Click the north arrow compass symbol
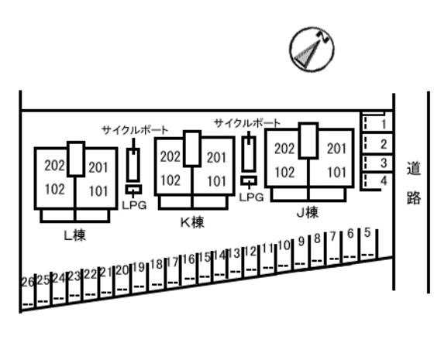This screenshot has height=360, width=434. (312, 50)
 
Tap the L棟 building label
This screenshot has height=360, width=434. (74, 235)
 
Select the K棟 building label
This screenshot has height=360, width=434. (192, 222)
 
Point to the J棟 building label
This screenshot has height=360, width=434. (308, 213)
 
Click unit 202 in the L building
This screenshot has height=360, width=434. (55, 166)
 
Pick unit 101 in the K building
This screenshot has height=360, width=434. (217, 181)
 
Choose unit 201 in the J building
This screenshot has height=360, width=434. (336, 149)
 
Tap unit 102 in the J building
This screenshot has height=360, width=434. (284, 172)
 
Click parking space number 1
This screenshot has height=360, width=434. (384, 124)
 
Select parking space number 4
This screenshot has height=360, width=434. (384, 181)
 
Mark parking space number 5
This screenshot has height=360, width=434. (367, 232)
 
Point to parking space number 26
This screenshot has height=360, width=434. (28, 283)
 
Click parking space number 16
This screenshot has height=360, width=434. (189, 259)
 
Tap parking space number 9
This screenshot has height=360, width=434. (301, 241)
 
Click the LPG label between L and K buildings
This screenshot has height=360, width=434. (134, 205)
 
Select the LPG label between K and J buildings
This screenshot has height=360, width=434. (251, 197)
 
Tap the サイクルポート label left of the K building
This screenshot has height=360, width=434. (135, 130)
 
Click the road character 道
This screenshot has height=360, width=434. (414, 169)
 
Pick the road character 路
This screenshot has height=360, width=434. (414, 197)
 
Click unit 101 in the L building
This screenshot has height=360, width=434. (98, 191)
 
